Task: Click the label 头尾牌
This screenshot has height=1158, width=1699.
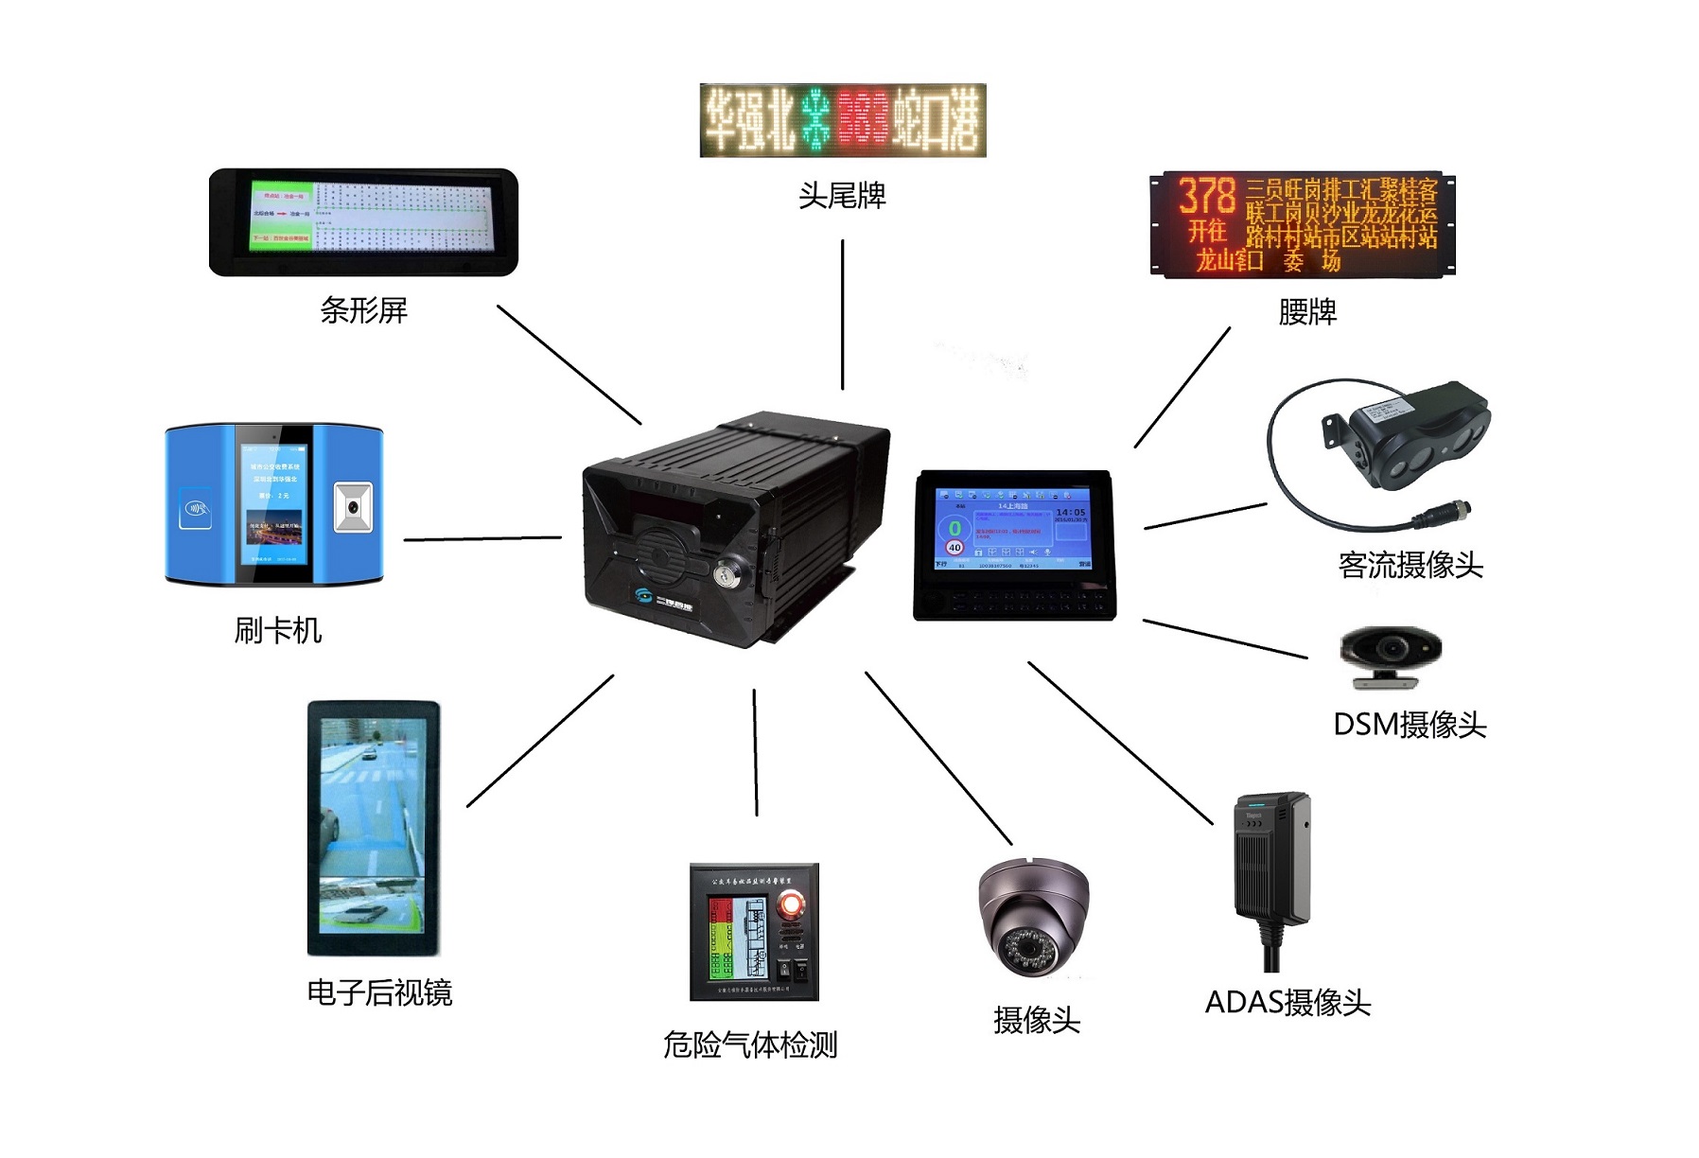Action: [842, 196]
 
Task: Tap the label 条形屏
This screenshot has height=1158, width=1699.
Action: [363, 310]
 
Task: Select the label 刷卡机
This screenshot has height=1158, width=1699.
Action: [278, 630]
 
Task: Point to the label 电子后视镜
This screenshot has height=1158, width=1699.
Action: [379, 992]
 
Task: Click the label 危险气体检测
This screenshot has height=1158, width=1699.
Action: [750, 1044]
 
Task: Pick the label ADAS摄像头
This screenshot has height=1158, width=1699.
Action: [1287, 1002]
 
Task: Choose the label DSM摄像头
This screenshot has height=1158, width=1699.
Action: [1410, 725]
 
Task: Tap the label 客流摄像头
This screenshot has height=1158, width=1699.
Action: [1410, 565]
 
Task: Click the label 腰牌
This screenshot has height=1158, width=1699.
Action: [1307, 311]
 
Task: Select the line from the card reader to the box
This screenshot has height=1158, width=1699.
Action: [482, 539]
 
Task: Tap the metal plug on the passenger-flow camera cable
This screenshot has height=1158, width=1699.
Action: [1443, 517]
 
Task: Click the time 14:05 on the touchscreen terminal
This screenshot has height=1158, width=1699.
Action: [1070, 512]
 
